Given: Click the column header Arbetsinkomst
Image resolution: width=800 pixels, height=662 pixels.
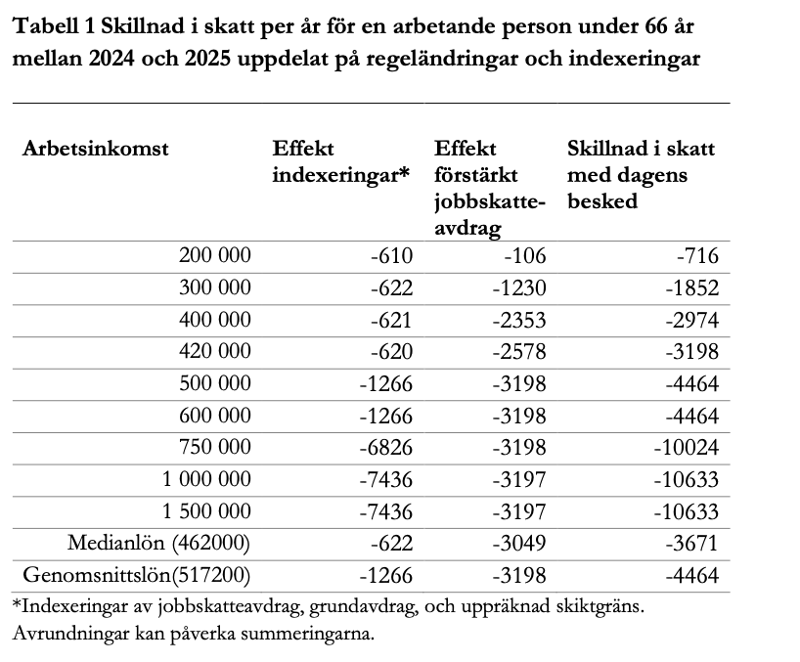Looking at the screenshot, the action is (x=96, y=150).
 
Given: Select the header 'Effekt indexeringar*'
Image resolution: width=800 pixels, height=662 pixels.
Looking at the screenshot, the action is (x=339, y=161).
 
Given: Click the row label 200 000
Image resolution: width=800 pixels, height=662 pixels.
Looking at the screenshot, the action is (x=215, y=256).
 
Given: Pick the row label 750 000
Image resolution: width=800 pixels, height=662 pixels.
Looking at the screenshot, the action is (x=215, y=447).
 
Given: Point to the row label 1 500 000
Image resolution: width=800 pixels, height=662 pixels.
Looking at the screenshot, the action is (x=206, y=511).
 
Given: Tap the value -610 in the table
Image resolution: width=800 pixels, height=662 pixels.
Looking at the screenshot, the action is (x=392, y=256).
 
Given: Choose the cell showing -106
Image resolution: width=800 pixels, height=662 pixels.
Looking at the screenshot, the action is (x=525, y=256).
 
